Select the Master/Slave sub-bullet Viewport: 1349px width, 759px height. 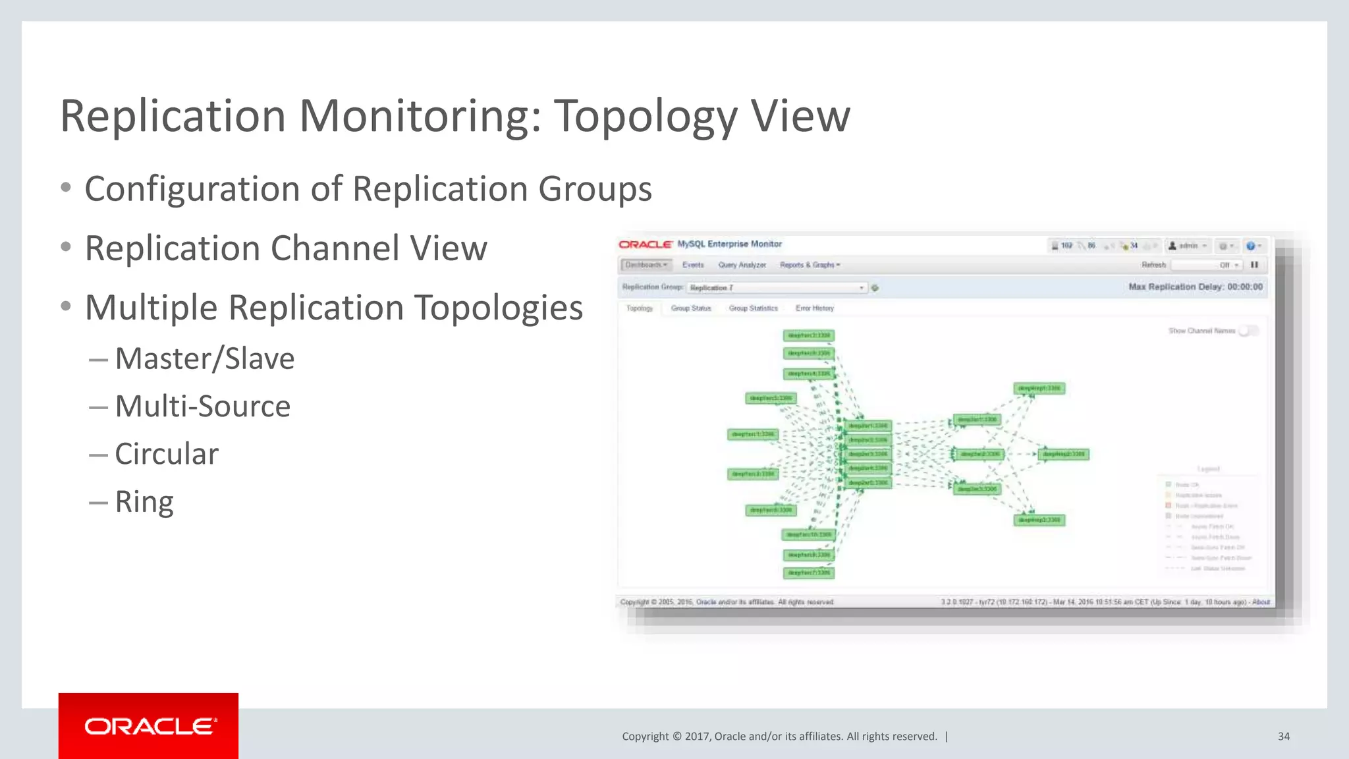pyautogui.click(x=204, y=359)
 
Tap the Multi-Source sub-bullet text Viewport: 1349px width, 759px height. pyautogui.click(x=202, y=407)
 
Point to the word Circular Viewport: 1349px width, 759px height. pyautogui.click(x=167, y=454)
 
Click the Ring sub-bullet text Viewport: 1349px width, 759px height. pyautogui.click(x=144, y=502)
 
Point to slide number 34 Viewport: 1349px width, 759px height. pyautogui.click(x=1283, y=736)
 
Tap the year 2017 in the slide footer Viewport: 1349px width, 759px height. pyautogui.click(x=698, y=736)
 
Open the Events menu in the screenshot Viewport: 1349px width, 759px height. pyautogui.click(x=693, y=265)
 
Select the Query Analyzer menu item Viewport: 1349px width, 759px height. pyautogui.click(x=742, y=265)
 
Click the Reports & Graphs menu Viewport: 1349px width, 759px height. pyautogui.click(x=810, y=265)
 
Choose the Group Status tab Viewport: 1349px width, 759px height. pyautogui.click(x=691, y=308)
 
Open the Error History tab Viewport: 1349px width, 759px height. pyautogui.click(x=814, y=308)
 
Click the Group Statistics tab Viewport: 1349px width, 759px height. pyautogui.click(x=753, y=308)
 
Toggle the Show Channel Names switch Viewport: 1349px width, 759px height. pyautogui.click(x=1248, y=331)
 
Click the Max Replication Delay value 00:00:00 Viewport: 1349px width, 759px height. pyautogui.click(x=1244, y=287)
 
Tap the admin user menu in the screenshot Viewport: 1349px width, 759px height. pyautogui.click(x=1188, y=246)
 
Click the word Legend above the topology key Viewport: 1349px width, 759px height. pyautogui.click(x=1208, y=469)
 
